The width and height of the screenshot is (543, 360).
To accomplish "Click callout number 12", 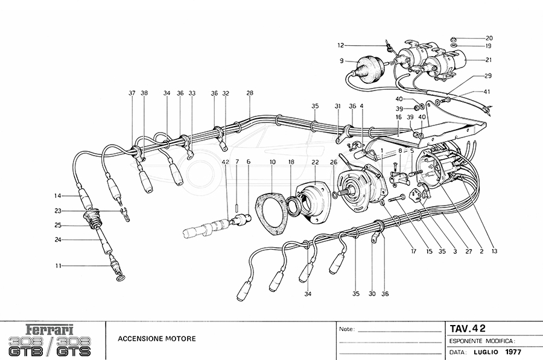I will (x=340, y=45).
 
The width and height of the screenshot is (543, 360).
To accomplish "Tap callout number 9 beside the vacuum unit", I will (x=341, y=60).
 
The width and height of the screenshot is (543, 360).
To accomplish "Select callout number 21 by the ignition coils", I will (x=489, y=60).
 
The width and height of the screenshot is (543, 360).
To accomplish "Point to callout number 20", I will (x=489, y=37).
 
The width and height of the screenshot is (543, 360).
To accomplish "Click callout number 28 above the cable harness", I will (x=250, y=93).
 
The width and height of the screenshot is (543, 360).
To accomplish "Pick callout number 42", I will (x=226, y=162).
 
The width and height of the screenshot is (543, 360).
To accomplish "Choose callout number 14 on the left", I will (x=58, y=195).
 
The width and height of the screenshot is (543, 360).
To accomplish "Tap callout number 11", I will (x=58, y=265).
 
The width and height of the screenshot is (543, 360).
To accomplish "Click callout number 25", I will (x=58, y=226).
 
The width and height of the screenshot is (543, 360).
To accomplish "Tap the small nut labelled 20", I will (x=452, y=39).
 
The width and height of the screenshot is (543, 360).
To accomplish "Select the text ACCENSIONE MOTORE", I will (x=157, y=339).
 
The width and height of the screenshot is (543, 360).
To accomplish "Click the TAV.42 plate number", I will (x=468, y=329).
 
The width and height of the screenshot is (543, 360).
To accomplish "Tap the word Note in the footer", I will (x=346, y=330).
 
